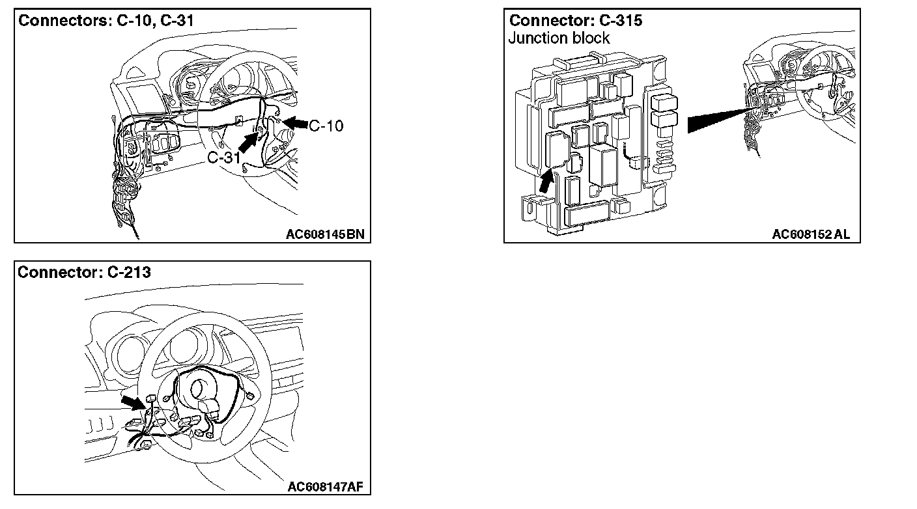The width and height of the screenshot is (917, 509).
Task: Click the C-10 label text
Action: [x=326, y=126]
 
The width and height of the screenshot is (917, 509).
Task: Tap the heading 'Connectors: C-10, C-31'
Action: [x=106, y=20]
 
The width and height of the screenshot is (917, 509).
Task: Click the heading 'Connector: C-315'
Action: [x=576, y=20]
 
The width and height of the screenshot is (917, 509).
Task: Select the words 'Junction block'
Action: [x=559, y=38]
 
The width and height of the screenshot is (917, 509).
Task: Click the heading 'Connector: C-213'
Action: [x=84, y=272]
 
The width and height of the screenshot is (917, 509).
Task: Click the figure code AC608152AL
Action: [x=811, y=234]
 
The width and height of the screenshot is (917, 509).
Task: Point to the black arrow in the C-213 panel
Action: [x=134, y=402]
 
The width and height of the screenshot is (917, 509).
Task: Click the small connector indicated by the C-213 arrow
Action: [x=150, y=398]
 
